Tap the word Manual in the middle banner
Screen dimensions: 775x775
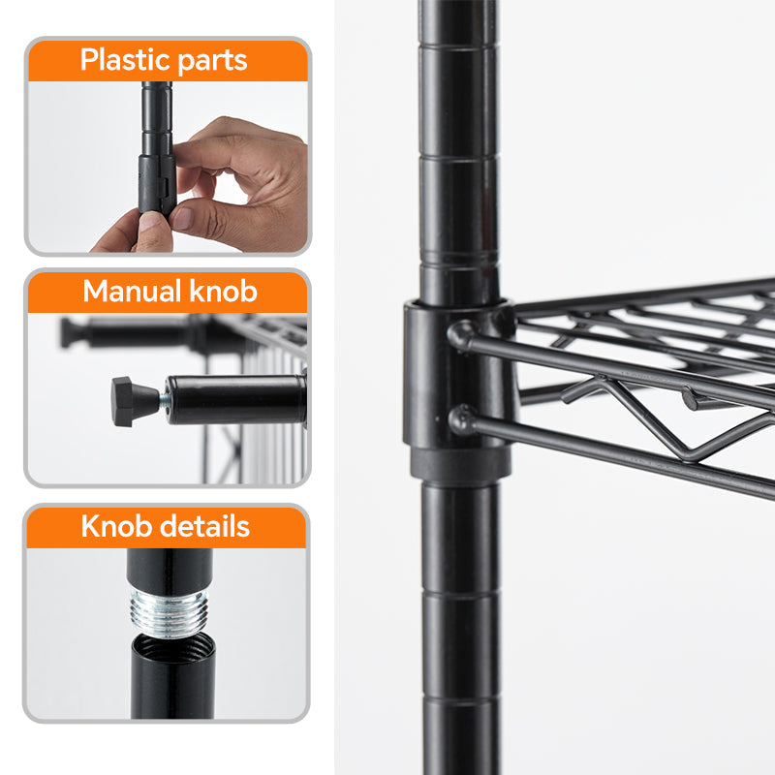pyautogui.click(x=132, y=291)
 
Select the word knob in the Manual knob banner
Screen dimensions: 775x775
pyautogui.click(x=223, y=291)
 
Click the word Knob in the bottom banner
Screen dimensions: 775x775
pyautogui.click(x=116, y=526)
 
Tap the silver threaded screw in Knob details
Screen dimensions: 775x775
pyautogui.click(x=169, y=612)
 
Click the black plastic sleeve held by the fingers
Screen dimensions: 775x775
pyautogui.click(x=157, y=184)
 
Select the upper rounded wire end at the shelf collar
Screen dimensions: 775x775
pyautogui.click(x=460, y=335)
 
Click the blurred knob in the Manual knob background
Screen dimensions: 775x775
pyautogui.click(x=71, y=332)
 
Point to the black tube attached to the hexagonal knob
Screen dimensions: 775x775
pyautogui.click(x=235, y=399)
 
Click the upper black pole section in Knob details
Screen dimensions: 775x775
pyautogui.click(x=170, y=570)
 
